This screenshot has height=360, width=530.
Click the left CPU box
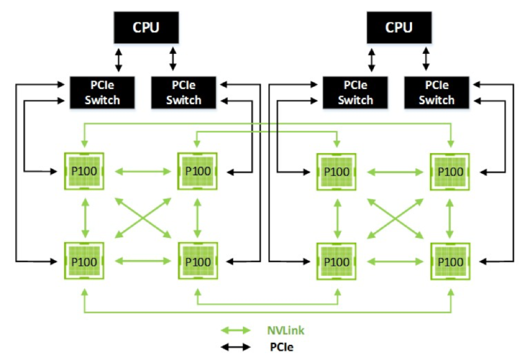point(145,28)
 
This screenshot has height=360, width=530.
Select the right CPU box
point(398,28)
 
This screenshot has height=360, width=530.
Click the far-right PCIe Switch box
point(437,93)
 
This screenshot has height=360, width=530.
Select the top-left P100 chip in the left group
point(84,171)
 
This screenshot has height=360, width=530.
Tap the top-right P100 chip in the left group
point(198,171)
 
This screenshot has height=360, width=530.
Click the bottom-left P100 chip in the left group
point(84,261)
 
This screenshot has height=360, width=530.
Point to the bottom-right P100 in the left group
point(198,261)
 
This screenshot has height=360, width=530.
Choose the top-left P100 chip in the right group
point(337,171)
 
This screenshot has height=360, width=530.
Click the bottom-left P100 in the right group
point(337,261)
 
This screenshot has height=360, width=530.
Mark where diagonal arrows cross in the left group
point(141,217)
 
